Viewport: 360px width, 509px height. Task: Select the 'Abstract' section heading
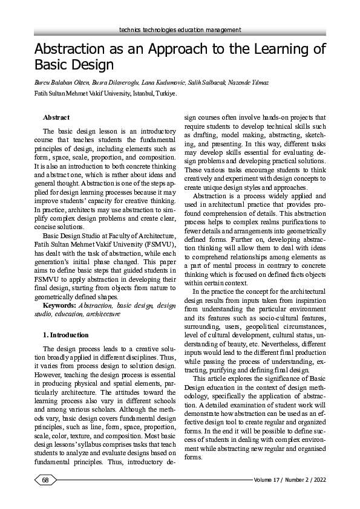tap(56, 117)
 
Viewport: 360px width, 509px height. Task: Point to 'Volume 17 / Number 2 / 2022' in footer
tap(290, 481)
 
